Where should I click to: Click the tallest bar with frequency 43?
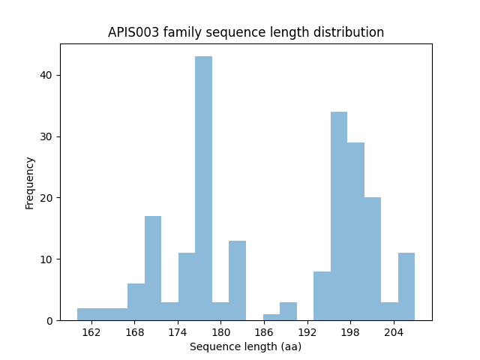point(204,188)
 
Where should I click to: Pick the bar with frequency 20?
point(373,259)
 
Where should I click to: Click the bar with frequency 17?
point(153,268)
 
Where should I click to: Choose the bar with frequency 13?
point(238,280)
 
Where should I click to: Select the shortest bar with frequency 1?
point(271,317)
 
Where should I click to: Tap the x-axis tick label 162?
point(91,332)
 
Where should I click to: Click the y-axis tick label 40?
point(46,75)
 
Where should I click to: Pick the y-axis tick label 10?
point(46,259)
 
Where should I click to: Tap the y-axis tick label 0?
point(49,321)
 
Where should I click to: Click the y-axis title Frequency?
point(30,182)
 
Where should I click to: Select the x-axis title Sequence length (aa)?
point(245,346)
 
